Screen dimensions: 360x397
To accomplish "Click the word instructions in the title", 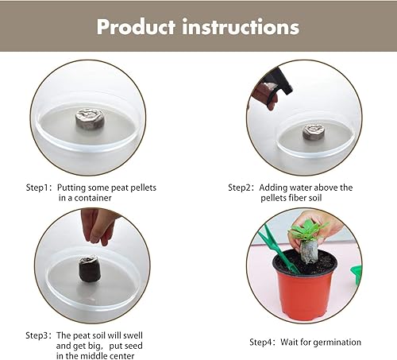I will click(242, 26).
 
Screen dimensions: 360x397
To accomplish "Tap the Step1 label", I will click(37, 188).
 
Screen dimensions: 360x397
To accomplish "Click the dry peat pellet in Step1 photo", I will click(89, 119).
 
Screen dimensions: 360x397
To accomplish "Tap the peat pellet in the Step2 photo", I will click(314, 130).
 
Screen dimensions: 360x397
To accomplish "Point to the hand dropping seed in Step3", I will click(98, 225).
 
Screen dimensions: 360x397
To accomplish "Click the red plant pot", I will click(305, 285).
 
